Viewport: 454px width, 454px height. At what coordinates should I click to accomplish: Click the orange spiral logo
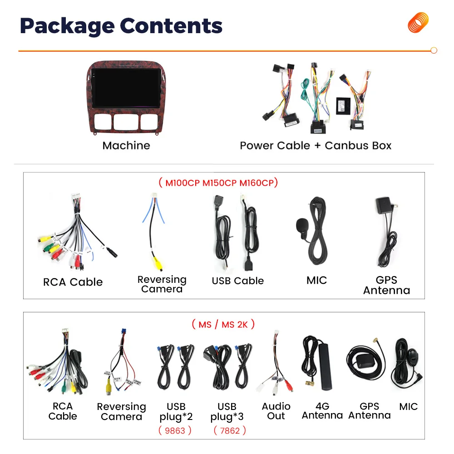[x=418, y=23]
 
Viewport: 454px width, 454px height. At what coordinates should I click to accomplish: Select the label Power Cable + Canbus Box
[x=316, y=146]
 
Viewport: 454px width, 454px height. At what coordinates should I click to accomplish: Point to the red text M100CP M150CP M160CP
[x=218, y=183]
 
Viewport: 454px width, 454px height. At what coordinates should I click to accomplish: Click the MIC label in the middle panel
[x=316, y=281]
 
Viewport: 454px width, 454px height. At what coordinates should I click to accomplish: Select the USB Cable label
[x=237, y=281]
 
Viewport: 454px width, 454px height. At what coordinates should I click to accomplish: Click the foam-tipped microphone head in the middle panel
[x=301, y=225]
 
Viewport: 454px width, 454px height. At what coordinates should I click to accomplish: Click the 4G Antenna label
[x=322, y=411]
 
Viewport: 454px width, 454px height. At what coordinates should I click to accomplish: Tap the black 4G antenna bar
[x=325, y=366]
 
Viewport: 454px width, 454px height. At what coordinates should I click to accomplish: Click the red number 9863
[x=175, y=430]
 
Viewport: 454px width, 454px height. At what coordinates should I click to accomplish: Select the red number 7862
[x=230, y=430]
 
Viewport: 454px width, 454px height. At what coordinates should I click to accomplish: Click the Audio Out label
[x=276, y=411]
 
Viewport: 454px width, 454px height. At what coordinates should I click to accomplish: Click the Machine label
[x=126, y=146]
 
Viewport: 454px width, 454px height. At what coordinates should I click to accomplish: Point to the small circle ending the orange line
[x=434, y=50]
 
